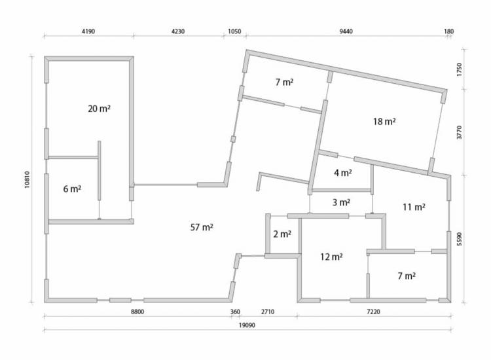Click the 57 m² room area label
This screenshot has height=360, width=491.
(202, 227)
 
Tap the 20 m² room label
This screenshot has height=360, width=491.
(99, 109)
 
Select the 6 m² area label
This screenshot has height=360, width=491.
(72, 189)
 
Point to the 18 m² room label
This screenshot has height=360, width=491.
(384, 121)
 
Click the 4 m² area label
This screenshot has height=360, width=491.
(343, 173)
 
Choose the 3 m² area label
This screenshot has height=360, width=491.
(341, 202)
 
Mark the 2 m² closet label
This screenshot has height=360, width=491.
(282, 234)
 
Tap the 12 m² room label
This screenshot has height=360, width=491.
(331, 257)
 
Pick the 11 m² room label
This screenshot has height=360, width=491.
(414, 207)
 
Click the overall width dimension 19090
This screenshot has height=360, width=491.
(247, 325)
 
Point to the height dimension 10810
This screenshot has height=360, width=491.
(27, 179)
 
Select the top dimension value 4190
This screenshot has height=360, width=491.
(88, 31)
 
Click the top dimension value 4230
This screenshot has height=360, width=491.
(178, 31)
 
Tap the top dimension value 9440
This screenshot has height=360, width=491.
(346, 31)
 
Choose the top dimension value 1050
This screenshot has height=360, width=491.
(234, 31)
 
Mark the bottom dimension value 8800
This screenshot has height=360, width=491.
(137, 312)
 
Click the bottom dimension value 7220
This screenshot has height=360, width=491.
(373, 312)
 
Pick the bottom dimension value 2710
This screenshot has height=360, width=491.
(268, 312)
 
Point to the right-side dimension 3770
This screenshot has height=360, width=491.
(460, 132)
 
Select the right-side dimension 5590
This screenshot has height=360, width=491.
(460, 239)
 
